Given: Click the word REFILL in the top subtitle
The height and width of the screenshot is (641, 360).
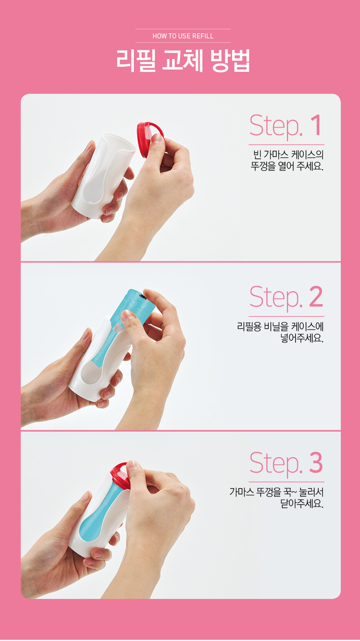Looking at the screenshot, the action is (x=203, y=36).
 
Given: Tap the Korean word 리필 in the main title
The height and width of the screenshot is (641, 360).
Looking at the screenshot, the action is (x=136, y=60).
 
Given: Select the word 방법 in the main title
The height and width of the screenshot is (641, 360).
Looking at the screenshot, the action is (x=230, y=60).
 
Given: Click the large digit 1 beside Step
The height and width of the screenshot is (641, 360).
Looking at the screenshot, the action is (x=316, y=125).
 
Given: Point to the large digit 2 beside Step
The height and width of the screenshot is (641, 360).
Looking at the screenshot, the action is (x=316, y=296).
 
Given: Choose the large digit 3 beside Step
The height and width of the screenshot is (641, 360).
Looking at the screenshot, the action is (x=316, y=462).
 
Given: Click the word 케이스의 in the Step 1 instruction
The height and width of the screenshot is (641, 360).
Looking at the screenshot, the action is (x=307, y=155).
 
